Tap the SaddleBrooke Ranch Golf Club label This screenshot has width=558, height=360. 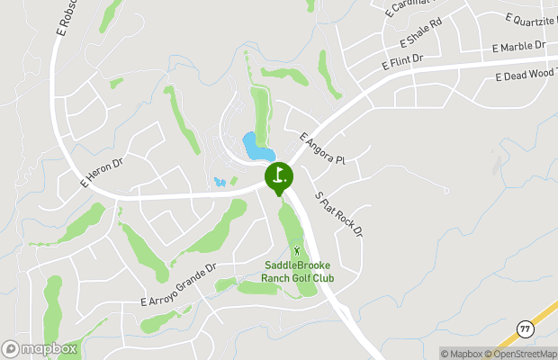pos(297,271)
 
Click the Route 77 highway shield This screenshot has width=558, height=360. pos(524,328)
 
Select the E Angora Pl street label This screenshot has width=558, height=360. pos(322,148)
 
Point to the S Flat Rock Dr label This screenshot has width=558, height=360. pos(338,214)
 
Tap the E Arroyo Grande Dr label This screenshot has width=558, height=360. pos(179,284)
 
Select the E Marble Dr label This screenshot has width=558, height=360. pos(519,46)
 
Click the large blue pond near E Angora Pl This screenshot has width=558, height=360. pos(252,145)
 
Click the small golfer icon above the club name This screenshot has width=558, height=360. pos(298,249)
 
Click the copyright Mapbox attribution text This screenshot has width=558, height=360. pos(461,354)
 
